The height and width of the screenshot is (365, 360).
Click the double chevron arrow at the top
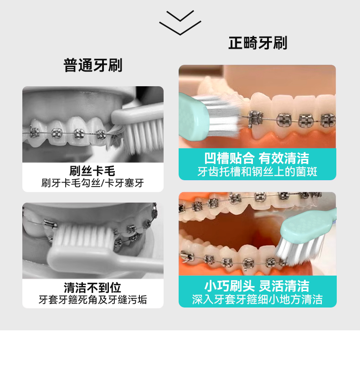(180, 22)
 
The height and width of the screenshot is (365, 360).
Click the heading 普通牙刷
(93, 65)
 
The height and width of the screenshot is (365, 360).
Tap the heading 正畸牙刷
(257, 43)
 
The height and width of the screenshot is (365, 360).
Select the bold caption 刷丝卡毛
(93, 171)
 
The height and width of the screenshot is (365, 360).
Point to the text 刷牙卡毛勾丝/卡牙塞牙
(93, 183)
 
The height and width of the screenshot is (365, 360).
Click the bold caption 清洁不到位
(93, 287)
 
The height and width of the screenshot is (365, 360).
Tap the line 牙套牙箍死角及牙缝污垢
(93, 300)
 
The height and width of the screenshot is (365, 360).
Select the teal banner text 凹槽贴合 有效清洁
(257, 158)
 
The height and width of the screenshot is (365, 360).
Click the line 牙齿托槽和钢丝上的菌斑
(257, 172)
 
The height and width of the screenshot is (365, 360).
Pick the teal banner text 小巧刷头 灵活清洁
(257, 286)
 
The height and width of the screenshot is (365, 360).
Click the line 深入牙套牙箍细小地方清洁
(257, 299)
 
